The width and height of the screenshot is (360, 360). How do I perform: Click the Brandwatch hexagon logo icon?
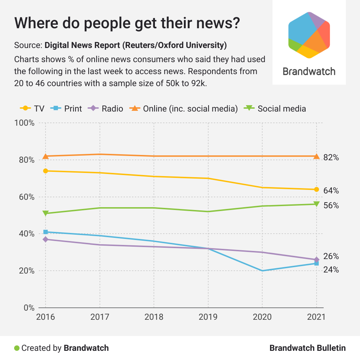tap(309, 35)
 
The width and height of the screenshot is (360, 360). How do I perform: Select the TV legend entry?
tap(32, 108)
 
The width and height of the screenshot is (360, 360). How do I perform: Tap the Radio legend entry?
tap(106, 108)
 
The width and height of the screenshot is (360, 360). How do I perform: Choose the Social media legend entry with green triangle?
tap(275, 108)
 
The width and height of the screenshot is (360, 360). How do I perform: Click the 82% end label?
tap(331, 158)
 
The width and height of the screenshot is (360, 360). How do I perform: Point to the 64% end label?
tap(331, 191)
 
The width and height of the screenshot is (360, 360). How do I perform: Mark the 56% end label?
tap(331, 205)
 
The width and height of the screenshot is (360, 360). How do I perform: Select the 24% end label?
tap(331, 270)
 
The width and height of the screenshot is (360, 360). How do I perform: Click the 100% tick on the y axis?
tap(24, 123)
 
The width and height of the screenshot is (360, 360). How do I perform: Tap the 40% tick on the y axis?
tap(26, 234)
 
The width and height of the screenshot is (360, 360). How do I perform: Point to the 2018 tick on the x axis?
tap(154, 317)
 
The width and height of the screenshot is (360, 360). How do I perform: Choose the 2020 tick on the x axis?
tap(262, 317)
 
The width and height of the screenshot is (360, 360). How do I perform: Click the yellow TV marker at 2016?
tap(46, 171)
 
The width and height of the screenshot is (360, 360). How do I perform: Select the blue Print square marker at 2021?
tap(317, 263)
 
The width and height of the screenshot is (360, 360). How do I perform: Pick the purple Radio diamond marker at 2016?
tap(46, 239)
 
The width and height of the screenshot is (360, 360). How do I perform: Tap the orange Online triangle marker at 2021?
tap(317, 156)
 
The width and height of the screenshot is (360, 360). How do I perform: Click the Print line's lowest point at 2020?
tap(262, 271)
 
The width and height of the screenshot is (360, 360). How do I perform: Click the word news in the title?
tap(214, 24)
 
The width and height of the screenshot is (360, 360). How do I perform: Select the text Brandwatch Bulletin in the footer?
tap(307, 348)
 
